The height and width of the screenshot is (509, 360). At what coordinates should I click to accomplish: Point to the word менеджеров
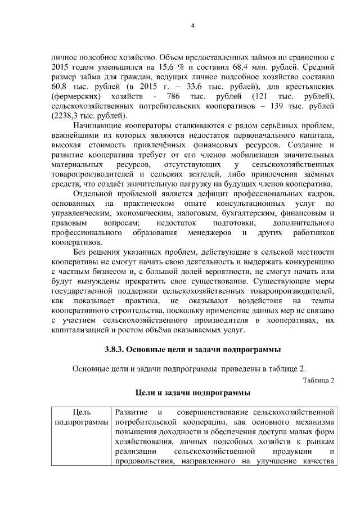click(208, 232)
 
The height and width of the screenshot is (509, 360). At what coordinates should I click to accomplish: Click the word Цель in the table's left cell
click(81, 412)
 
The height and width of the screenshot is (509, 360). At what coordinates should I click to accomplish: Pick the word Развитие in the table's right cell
click(129, 412)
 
